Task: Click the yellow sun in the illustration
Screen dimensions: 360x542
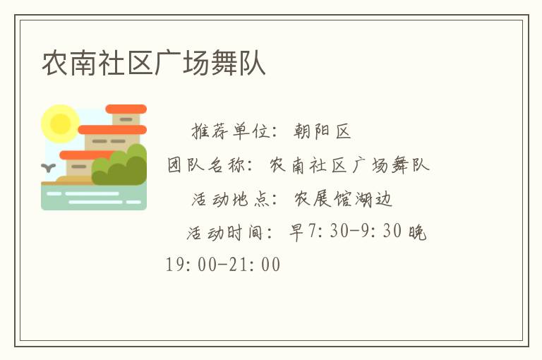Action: [60, 124]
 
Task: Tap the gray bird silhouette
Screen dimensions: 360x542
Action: [49, 168]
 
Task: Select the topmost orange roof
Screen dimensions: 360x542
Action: [126, 109]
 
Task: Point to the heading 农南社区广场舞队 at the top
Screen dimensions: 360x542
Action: [154, 63]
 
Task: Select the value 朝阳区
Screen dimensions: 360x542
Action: [323, 131]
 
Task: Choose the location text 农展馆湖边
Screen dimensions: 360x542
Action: [343, 200]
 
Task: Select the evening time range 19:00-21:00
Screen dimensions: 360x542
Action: [223, 265]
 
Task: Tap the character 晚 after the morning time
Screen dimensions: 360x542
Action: [418, 232]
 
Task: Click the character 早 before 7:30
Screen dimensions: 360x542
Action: [297, 232]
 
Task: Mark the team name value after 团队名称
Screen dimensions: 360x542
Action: [350, 166]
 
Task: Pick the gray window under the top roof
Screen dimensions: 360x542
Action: [126, 119]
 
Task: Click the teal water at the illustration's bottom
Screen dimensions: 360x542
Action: [94, 198]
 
